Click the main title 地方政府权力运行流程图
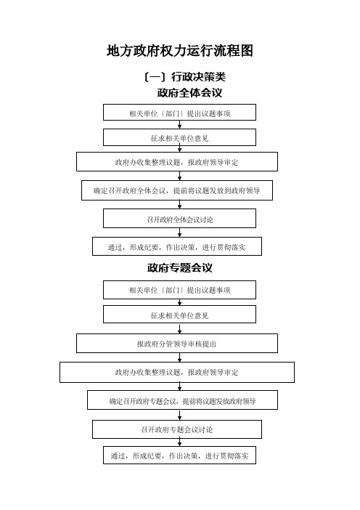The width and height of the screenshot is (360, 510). pos(180,51)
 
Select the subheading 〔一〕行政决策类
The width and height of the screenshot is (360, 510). pos(184,77)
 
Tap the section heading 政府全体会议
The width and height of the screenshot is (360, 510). pos(189,93)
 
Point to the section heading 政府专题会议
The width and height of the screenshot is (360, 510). pos(180,268)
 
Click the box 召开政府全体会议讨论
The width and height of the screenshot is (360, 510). pos(180,218)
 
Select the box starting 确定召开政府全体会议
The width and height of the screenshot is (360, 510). pos(177,190)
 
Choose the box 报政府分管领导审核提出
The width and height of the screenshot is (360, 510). pos(177,343)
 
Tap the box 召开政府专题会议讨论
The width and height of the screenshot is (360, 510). pos(177,429)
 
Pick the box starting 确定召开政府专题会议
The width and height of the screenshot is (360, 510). pos(182,400)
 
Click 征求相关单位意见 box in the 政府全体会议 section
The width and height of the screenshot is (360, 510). pos(180,137)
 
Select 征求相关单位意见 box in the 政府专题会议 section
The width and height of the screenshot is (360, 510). pos(180,314)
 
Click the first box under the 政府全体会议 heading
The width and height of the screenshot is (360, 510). pos(180,112)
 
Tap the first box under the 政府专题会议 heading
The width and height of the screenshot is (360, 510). pos(180,290)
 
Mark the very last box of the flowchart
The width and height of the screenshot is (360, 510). pos(180,455)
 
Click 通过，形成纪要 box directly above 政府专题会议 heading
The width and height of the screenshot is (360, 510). pos(177,246)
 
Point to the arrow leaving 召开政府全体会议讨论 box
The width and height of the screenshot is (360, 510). pos(180,232)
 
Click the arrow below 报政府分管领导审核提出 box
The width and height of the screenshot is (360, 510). pos(180,357)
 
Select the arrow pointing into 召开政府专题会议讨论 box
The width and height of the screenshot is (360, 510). pos(180,415)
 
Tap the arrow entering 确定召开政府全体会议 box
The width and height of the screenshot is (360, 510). pos(180,176)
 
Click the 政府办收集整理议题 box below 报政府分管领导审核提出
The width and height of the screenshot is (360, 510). pos(177,372)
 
